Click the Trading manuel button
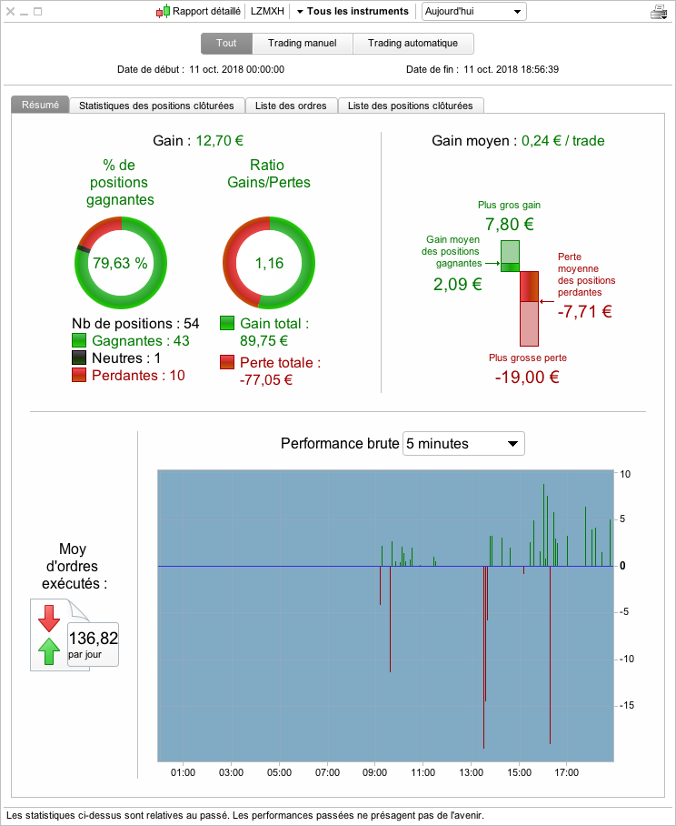303,43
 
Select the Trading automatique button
413,43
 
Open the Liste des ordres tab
291,106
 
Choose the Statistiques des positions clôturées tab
156,106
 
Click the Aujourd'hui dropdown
473,12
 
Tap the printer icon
659,12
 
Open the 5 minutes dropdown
463,444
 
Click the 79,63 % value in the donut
121,263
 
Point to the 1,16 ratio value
269,263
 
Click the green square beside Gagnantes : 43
79,340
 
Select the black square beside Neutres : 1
79,358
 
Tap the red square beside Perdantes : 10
79,375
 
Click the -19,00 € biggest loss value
527,378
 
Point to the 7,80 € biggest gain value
510,225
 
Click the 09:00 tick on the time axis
374,772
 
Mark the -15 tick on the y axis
626,705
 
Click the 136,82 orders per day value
93,639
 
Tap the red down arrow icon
49,618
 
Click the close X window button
10,11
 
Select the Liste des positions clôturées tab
411,106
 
